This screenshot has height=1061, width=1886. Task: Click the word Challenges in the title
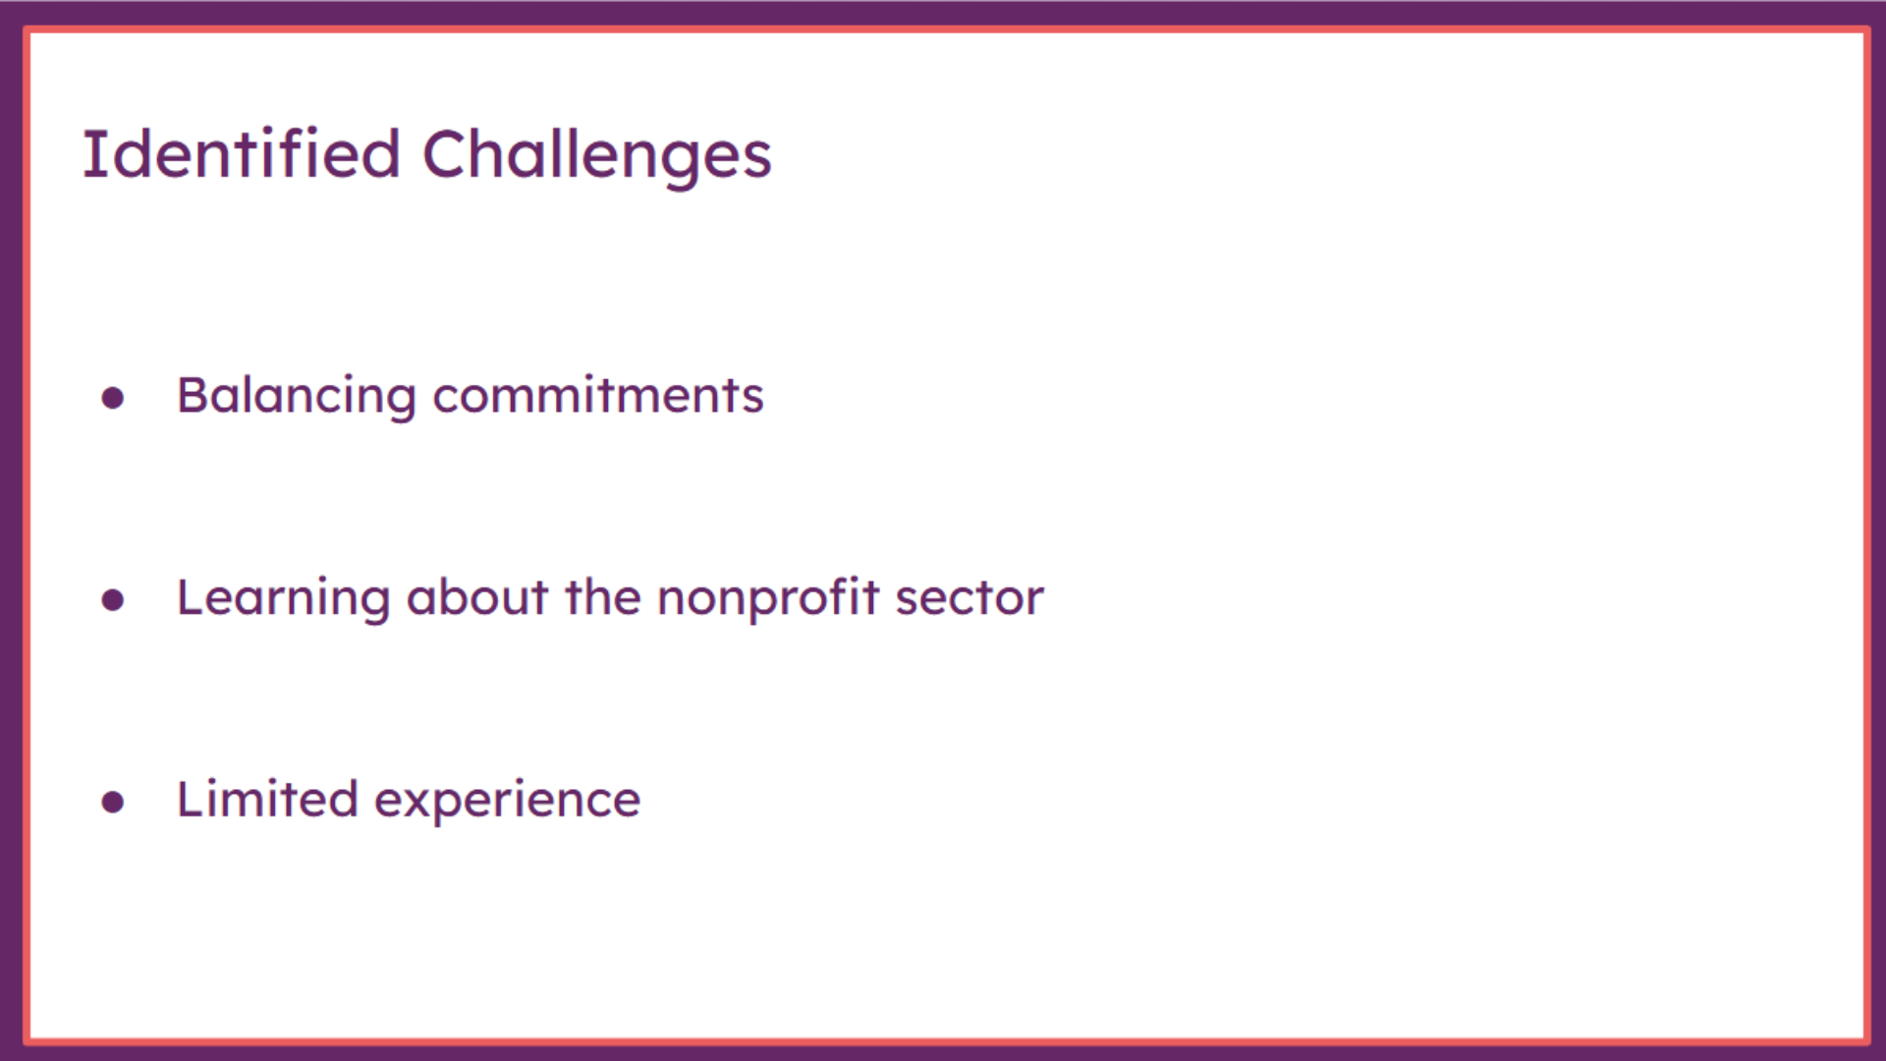[597, 157]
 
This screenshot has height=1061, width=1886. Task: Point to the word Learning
[283, 599]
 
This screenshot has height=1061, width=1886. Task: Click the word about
[477, 596]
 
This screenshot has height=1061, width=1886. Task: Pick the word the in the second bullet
[603, 596]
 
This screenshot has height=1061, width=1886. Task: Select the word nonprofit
[768, 598]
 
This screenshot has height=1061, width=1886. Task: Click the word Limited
[267, 799]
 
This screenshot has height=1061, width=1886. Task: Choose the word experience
[508, 802]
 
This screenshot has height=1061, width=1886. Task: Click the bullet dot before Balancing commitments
[113, 398]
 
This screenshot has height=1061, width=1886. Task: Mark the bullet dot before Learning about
[113, 600]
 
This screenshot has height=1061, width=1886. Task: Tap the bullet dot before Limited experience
[113, 803]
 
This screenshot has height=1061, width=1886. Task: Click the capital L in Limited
[191, 799]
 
